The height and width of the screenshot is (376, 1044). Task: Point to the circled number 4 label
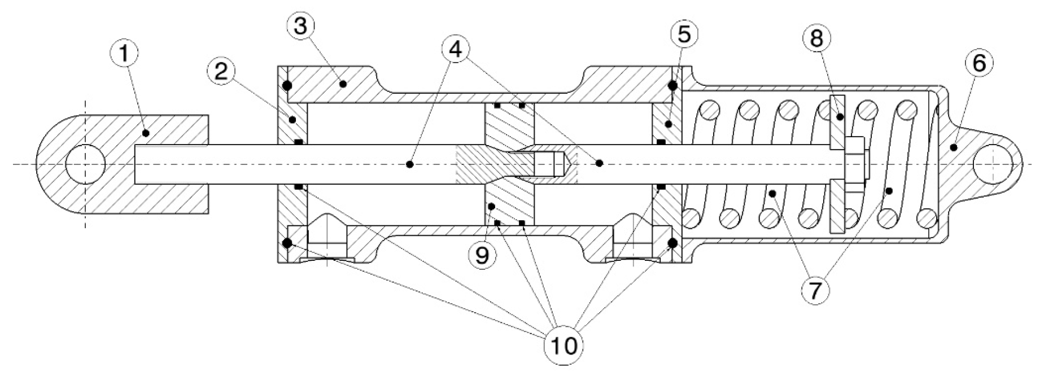tap(456, 49)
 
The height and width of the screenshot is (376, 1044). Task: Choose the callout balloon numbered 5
tap(683, 35)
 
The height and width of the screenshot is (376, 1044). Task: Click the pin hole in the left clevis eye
tap(85, 164)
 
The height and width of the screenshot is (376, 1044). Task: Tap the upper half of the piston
tap(509, 124)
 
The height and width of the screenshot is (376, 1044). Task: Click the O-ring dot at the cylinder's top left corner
tap(287, 86)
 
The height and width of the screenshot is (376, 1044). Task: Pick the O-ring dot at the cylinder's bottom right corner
tap(672, 243)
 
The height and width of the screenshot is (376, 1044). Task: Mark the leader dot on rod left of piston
tap(409, 164)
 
